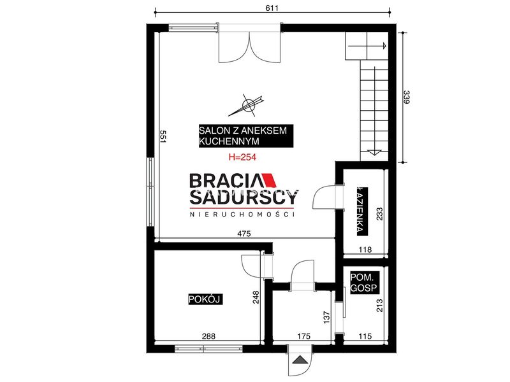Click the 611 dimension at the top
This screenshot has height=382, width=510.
coord(272,8)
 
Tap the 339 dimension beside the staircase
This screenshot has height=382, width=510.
coord(406,97)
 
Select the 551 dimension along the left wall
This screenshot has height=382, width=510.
coord(163,137)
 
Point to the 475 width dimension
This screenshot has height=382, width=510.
coord(244,234)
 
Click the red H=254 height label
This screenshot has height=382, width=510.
coord(242,157)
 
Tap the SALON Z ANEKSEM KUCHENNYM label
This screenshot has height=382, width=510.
coord(246,136)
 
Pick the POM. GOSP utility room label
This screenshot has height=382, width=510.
coord(363,282)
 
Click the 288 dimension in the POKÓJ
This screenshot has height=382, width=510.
coord(208,336)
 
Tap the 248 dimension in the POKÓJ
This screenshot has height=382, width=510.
coord(256,297)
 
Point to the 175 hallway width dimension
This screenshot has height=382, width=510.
coord(303,336)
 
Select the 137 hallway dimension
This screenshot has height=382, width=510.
coord(327,317)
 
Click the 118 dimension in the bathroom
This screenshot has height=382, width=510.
coord(365,250)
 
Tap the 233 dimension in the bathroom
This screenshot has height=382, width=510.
coord(379,214)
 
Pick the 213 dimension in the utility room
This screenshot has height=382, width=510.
coord(379,306)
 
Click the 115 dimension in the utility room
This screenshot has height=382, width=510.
coord(365,336)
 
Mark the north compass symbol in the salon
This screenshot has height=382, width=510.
coord(249,104)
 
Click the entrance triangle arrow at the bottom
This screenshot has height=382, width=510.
coord(300,360)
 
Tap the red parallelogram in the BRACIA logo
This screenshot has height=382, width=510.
coord(270,180)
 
